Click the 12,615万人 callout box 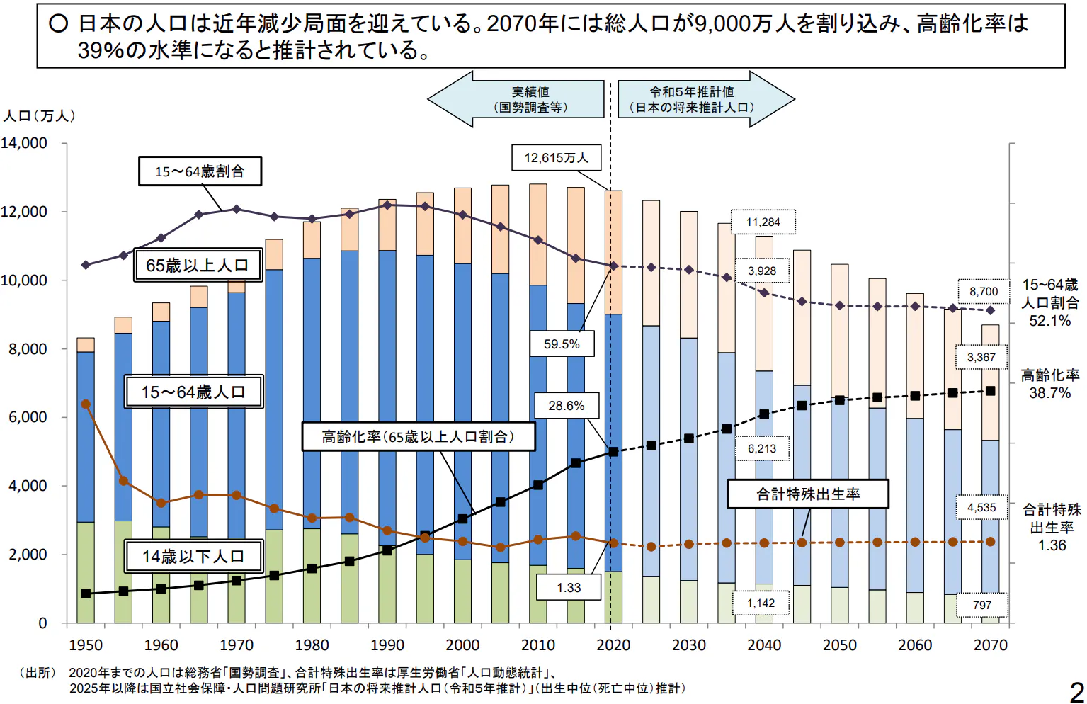(556, 158)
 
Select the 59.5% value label (562, 344)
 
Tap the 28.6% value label (567, 406)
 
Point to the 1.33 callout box (569, 588)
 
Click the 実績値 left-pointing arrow (517, 100)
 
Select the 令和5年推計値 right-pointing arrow (705, 100)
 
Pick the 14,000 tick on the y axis (24, 143)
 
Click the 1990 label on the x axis (387, 645)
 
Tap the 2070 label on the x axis (990, 645)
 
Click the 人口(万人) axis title (39, 116)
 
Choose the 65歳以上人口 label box (198, 266)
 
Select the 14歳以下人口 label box (193, 557)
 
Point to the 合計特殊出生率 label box (808, 494)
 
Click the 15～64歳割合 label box (200, 171)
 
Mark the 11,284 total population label (763, 222)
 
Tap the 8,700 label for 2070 (984, 292)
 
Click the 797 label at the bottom (981, 605)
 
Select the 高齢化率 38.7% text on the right (1049, 384)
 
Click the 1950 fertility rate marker (86, 404)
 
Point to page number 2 (1076, 691)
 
